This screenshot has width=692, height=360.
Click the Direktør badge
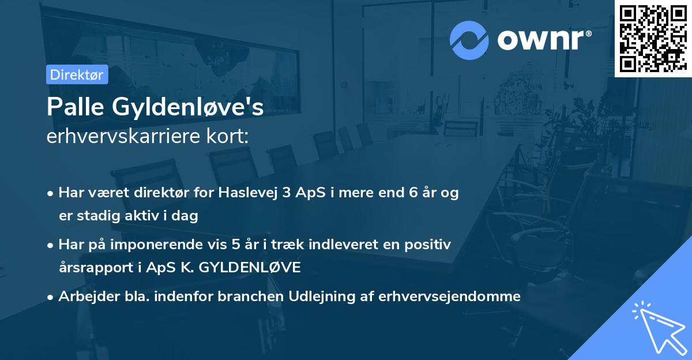(77, 74)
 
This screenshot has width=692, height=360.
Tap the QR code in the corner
(653, 38)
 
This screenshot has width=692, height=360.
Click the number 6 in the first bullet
(413, 193)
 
